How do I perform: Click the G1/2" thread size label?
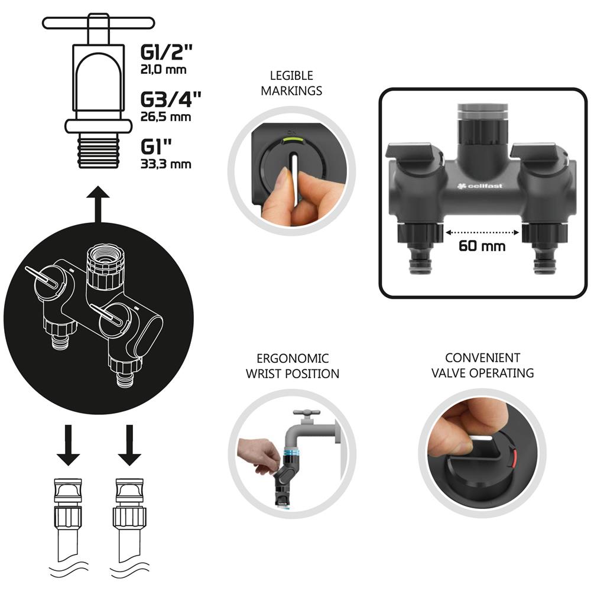click(x=166, y=53)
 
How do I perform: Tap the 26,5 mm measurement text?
click(x=166, y=116)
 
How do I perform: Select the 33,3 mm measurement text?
click(x=166, y=164)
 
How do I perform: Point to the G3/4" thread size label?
click(x=171, y=99)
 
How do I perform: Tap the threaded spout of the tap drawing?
click(x=98, y=152)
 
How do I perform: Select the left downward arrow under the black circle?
click(x=68, y=445)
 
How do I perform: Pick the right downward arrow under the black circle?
click(x=129, y=445)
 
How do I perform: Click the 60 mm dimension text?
click(x=482, y=246)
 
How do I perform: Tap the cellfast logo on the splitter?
click(x=479, y=186)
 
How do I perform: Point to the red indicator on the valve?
click(x=512, y=457)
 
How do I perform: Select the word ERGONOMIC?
click(x=293, y=358)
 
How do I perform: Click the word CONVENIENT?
click(x=482, y=358)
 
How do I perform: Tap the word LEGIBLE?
click(x=291, y=76)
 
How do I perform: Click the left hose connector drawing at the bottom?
click(x=68, y=521)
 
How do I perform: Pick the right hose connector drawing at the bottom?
click(x=129, y=521)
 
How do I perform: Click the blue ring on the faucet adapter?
click(x=291, y=453)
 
